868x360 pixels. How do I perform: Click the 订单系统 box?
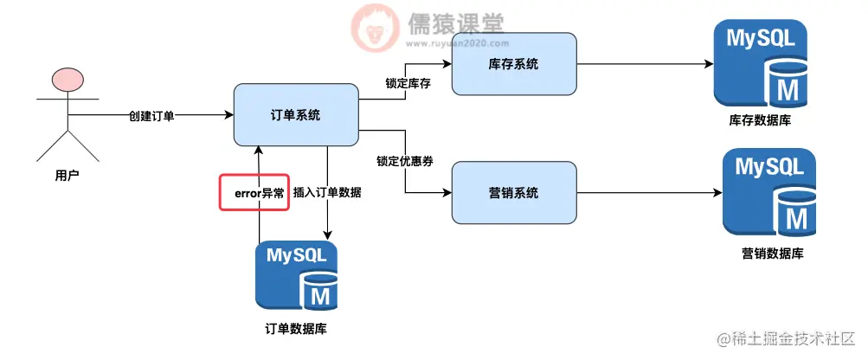click(296, 114)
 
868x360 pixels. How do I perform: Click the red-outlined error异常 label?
click(253, 193)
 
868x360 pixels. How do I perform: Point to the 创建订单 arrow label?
click(151, 115)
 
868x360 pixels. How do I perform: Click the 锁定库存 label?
click(408, 83)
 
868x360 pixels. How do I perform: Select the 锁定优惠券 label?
click(404, 162)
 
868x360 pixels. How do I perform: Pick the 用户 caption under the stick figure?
click(67, 176)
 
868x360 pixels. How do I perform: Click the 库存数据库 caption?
click(762, 121)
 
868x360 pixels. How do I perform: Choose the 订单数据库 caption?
click(296, 330)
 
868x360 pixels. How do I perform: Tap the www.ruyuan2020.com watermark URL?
click(454, 42)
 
